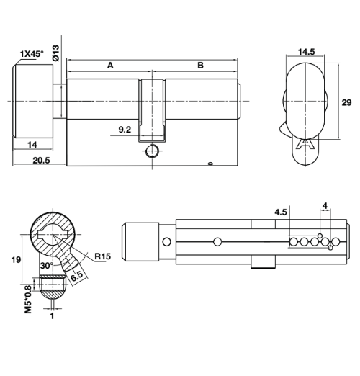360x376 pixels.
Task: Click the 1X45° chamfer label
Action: pyautogui.click(x=32, y=54)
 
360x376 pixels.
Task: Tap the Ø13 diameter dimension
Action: pyautogui.click(x=55, y=53)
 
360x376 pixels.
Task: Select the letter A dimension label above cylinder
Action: pyautogui.click(x=110, y=66)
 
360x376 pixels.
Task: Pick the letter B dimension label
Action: pyautogui.click(x=200, y=66)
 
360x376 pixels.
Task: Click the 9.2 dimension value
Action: pyautogui.click(x=125, y=130)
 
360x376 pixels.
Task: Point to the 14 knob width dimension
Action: pyautogui.click(x=32, y=145)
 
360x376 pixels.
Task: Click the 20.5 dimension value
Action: pyautogui.click(x=41, y=160)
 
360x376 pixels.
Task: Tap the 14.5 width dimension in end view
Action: pyautogui.click(x=306, y=52)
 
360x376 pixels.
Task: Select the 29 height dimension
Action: pyautogui.click(x=346, y=102)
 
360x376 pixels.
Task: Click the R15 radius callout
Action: pyautogui.click(x=103, y=256)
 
